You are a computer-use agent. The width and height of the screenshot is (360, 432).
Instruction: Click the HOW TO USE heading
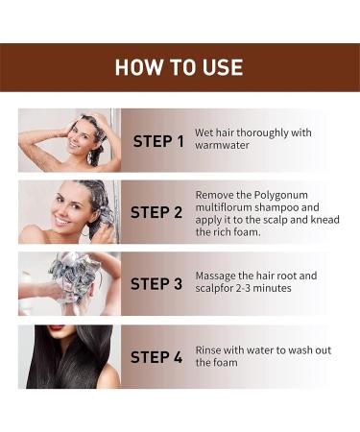point(179,67)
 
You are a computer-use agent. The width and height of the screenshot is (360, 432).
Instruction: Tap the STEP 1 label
point(158,141)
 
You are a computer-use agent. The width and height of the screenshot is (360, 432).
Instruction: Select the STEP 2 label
point(156,212)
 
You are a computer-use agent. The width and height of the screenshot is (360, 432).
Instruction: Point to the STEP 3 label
point(156,284)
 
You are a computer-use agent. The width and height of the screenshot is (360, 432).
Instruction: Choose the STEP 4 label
point(156,357)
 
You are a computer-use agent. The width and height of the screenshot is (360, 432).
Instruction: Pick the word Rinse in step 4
point(210,350)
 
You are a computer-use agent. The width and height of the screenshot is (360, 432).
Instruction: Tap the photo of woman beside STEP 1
point(69,140)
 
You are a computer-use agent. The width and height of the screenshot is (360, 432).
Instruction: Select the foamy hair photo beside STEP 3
point(69,284)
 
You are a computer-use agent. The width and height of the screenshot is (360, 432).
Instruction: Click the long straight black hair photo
point(69,356)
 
